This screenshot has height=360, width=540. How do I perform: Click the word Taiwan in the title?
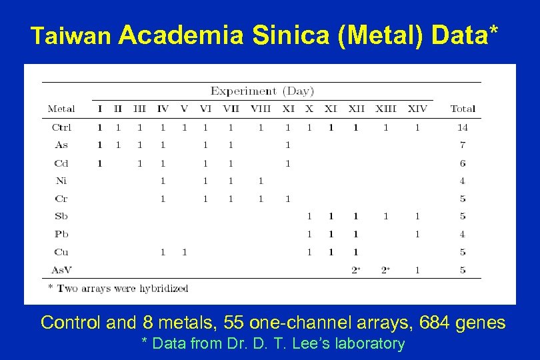[x=71, y=37]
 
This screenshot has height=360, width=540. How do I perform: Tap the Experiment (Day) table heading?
[x=262, y=91]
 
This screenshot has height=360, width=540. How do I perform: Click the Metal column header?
[x=61, y=109]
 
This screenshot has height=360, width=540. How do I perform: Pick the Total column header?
[x=463, y=109]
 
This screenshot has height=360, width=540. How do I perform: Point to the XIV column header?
[x=417, y=109]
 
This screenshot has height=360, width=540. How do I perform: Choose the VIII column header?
[x=261, y=109]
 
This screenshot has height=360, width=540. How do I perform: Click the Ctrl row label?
[x=61, y=127]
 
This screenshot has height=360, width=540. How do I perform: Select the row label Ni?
[x=61, y=181]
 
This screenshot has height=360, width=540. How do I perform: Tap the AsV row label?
[x=61, y=270]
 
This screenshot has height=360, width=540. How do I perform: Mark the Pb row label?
[x=61, y=234]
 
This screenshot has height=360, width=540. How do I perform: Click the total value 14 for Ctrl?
[x=463, y=127]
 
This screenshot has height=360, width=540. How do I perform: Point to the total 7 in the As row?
[x=463, y=145]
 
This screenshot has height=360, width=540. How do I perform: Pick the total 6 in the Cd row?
[x=463, y=163]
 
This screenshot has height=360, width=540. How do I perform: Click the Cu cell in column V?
[x=184, y=252]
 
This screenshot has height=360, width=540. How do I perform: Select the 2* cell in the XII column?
[x=356, y=270]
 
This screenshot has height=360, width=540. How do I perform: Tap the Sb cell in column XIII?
[x=385, y=216]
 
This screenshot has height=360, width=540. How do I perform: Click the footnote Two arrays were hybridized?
[x=118, y=289]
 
